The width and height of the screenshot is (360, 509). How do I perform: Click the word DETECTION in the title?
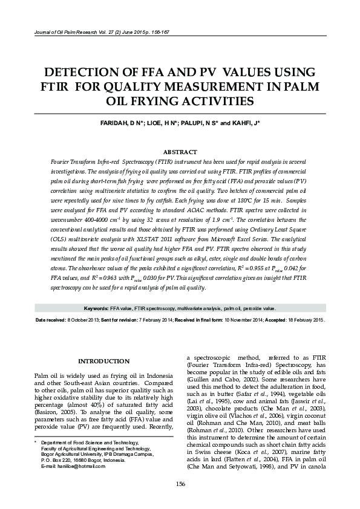click(x=93, y=72)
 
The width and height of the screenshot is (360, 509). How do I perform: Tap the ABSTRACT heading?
click(x=180, y=152)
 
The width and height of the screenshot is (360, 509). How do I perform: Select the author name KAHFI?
click(x=240, y=123)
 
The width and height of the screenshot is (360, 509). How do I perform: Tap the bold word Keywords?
click(x=96, y=308)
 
